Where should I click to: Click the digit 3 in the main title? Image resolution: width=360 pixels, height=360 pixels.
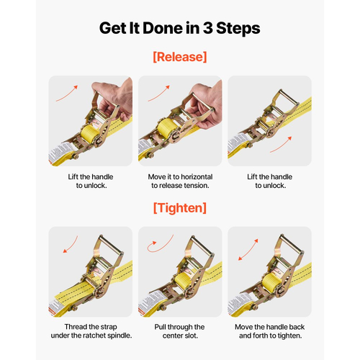pyautogui.click(x=208, y=28)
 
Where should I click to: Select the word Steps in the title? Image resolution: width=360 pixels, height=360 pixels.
pyautogui.click(x=238, y=29)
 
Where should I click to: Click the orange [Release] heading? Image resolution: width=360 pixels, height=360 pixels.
pyautogui.click(x=180, y=57)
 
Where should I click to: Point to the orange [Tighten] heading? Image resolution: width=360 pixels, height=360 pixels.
pyautogui.click(x=180, y=208)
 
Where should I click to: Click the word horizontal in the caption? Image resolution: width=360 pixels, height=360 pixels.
pyautogui.click(x=197, y=177)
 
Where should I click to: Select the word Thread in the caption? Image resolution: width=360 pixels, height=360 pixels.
pyautogui.click(x=74, y=327)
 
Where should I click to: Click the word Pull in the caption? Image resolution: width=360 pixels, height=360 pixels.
pyautogui.click(x=160, y=327)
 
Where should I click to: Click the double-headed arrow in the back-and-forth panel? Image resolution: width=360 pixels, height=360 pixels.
pyautogui.click(x=248, y=250)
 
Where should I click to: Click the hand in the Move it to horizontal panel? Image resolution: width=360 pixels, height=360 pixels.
pyautogui.click(x=206, y=106)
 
